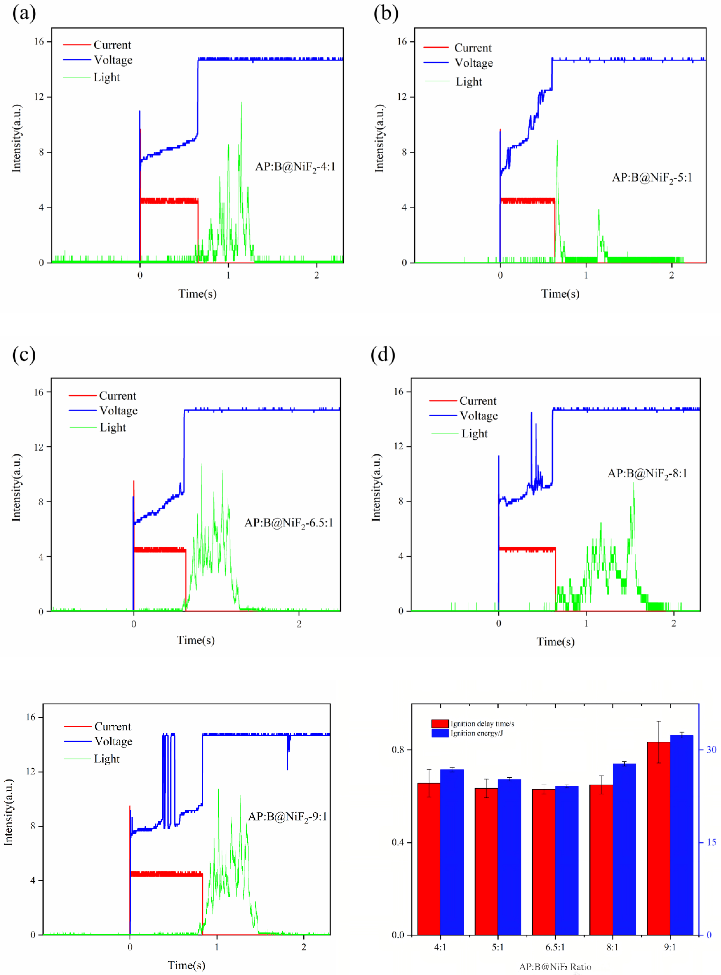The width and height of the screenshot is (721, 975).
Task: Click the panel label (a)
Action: coord(24,13)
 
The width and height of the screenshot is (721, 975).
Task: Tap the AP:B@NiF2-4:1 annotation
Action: coord(295,167)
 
